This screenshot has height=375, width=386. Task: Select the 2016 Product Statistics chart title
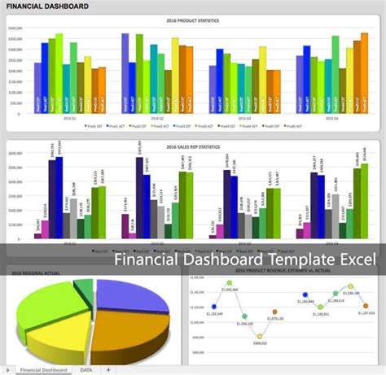193,20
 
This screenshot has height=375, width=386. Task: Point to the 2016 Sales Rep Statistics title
193,146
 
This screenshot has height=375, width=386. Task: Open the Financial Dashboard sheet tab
42,369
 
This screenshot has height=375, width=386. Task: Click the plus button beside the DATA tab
108,369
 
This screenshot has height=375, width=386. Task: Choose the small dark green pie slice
84,284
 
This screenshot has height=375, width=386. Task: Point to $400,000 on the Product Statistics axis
15,28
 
